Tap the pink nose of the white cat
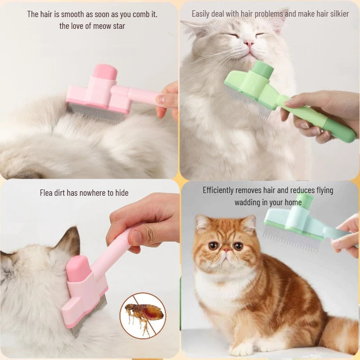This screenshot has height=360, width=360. (249, 43)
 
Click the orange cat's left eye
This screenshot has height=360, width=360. (238, 246)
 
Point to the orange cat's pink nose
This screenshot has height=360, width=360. (226, 249)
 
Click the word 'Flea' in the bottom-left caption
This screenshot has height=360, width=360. (46, 193)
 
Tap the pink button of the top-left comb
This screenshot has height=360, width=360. (105, 71)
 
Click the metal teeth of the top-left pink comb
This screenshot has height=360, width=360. (96, 112)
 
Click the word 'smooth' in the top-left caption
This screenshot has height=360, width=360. (72, 14)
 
